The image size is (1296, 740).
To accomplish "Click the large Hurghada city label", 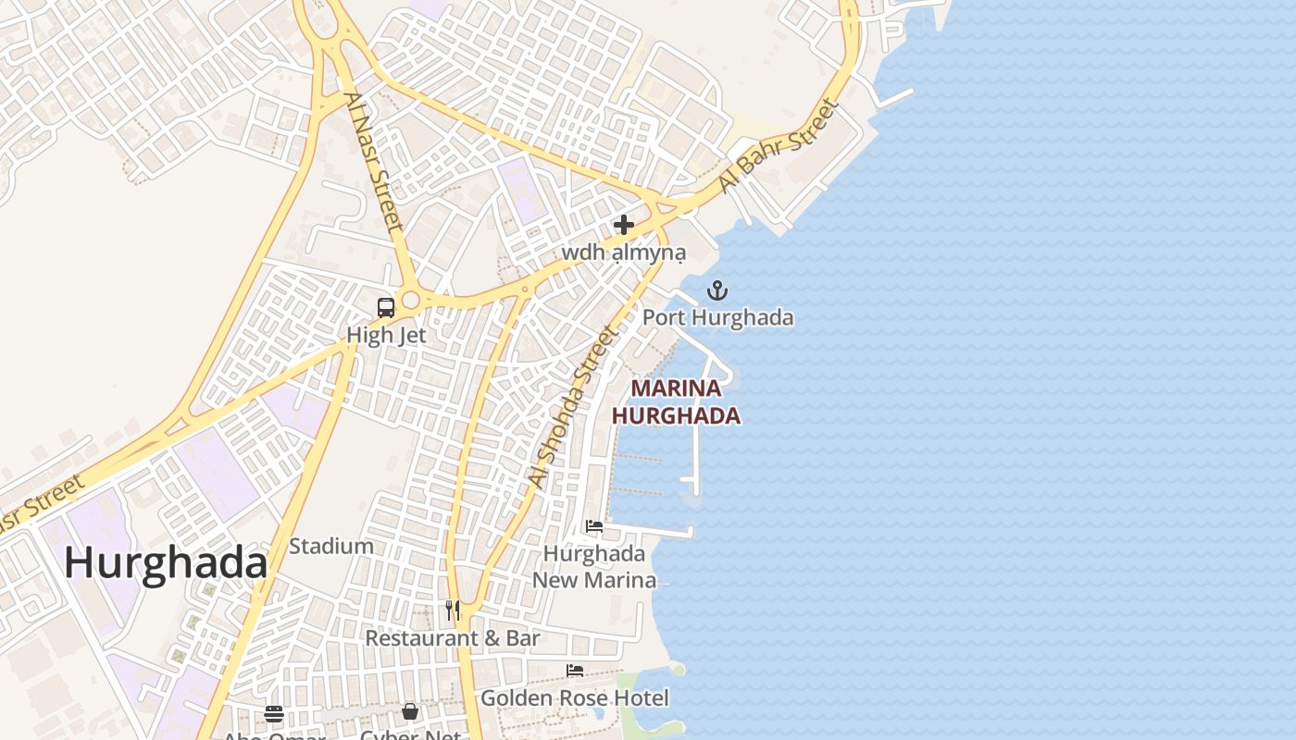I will tap(166, 563).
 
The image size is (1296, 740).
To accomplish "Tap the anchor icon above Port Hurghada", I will tap(717, 291).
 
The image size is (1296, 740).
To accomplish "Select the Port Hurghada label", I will tap(718, 317).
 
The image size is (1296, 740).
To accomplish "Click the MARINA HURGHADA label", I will tap(676, 402).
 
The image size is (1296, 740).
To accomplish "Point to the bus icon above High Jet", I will tap(386, 308).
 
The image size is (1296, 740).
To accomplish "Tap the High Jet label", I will tap(386, 335).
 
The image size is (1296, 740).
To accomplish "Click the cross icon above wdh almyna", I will tap(624, 225).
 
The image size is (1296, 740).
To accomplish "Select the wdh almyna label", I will tap(624, 253).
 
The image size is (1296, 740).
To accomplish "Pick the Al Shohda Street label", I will tap(571, 407).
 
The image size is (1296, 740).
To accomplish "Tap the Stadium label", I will tap(331, 546).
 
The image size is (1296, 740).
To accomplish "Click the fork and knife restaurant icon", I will tap(453, 610).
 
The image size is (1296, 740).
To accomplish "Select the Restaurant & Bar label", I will tap(453, 638).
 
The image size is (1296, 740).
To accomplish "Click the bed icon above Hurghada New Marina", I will tap(594, 526).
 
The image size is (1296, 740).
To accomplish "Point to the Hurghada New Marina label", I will tap(594, 567).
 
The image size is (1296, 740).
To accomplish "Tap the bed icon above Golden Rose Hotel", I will tap(575, 671).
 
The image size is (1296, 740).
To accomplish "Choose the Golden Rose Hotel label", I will tap(575, 697).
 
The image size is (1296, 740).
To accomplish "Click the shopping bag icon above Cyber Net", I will tap(410, 711).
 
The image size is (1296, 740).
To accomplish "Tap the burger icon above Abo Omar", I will tap(273, 713).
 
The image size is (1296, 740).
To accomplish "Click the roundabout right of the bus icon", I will tap(412, 301).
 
